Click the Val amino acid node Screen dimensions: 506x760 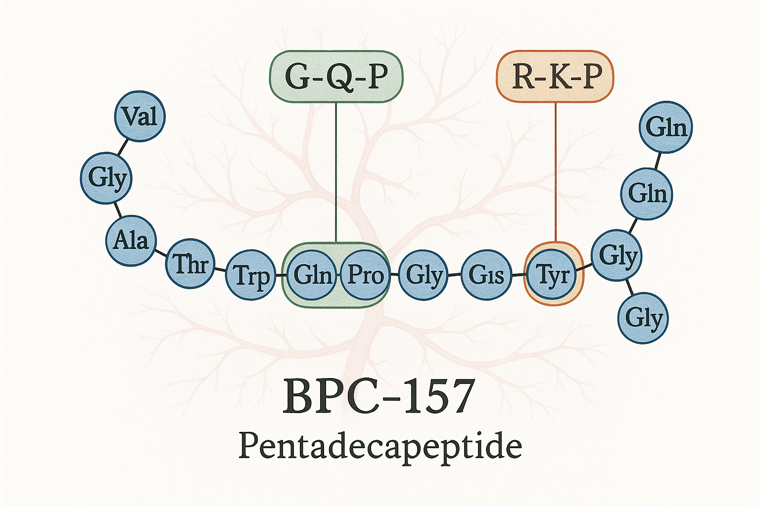pos(140,117)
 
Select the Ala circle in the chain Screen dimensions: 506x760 pos(131,241)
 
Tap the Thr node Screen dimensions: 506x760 pos(190,263)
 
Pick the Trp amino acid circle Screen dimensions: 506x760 pos(250,276)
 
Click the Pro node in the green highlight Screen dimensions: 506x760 pos(365,275)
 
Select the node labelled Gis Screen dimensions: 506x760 pos(486,275)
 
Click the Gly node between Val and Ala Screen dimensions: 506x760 pos(106,178)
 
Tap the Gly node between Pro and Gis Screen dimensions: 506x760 pos(423,275)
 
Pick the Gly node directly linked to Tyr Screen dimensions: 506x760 pos(617,255)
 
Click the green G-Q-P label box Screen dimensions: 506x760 pos(336,77)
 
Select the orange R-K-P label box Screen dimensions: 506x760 pos(555,77)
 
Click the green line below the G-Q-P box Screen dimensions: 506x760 pos(336,173)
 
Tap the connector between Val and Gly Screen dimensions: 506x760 pos(123,147)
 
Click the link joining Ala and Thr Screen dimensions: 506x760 pos(160,252)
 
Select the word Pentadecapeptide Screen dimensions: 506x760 pos(380,447)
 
